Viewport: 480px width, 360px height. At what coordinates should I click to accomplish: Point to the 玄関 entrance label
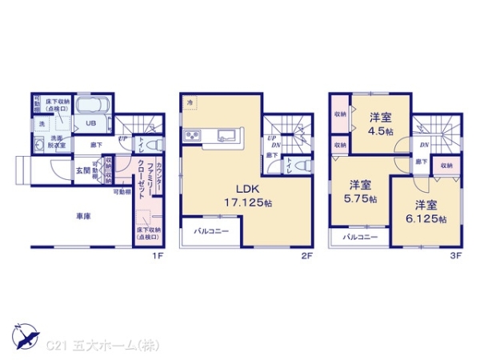click(82, 170)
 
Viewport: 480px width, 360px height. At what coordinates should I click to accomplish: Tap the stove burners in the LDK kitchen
click(193, 133)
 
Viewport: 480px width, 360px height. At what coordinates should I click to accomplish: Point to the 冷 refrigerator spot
click(190, 103)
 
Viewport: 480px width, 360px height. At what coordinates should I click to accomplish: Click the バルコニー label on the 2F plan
click(212, 231)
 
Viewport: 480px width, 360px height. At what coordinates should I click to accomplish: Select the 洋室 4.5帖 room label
click(381, 124)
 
